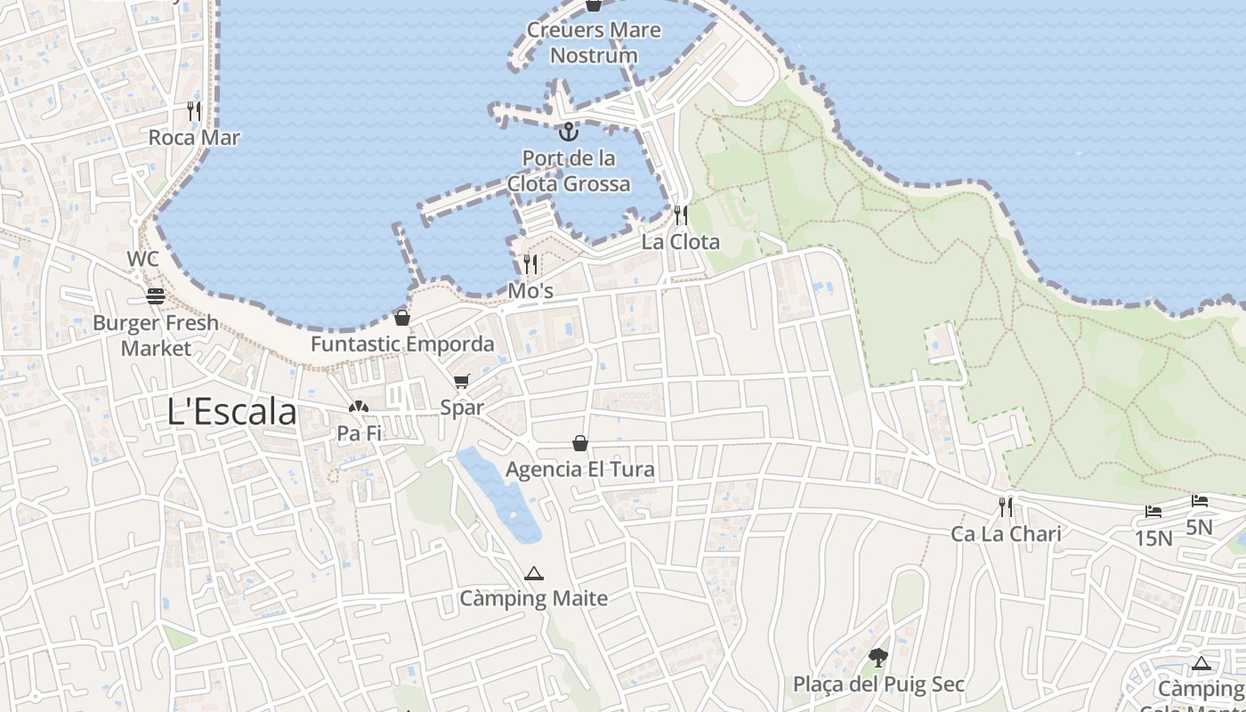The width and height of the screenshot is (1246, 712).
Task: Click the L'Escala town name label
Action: [231, 412]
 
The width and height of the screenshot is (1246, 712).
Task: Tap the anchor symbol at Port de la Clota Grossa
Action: [568, 133]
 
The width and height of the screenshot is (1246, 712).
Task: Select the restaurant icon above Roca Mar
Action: [194, 111]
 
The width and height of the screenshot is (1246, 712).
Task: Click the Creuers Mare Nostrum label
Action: [594, 42]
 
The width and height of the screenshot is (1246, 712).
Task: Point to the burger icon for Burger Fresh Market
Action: [156, 296]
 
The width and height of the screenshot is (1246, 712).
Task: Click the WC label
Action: [142, 259]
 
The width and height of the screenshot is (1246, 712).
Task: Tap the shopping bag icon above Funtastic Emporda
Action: [402, 318]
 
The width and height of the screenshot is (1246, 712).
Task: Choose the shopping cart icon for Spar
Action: [461, 382]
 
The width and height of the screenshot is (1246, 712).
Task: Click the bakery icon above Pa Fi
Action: [359, 409]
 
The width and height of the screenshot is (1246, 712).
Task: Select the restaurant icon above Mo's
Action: [530, 263]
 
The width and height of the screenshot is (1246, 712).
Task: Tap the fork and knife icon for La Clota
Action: [681, 214]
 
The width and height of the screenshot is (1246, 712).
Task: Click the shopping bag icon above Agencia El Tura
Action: [580, 442]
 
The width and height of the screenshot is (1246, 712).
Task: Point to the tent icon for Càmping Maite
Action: [533, 573]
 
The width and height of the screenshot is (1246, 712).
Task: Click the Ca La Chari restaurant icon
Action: [1006, 507]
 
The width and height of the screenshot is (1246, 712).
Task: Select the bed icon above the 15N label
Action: [1153, 512]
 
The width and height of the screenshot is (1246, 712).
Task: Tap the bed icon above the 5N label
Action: [1200, 501]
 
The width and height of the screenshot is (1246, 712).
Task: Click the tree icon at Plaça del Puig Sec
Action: [878, 659]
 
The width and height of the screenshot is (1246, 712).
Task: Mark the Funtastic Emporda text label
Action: [402, 344]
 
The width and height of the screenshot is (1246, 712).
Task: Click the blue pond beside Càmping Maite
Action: [499, 495]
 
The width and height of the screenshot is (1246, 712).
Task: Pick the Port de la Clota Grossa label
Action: [569, 171]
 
